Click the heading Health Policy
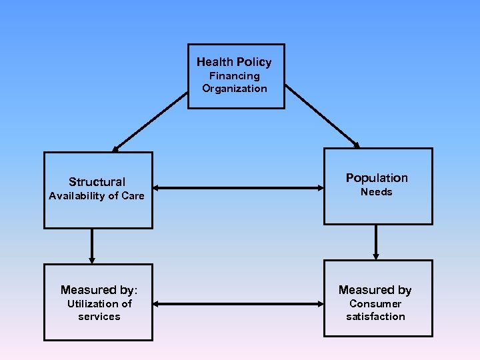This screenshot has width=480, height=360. click(x=234, y=62)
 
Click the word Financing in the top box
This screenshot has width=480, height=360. click(x=235, y=76)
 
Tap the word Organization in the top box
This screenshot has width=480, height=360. click(x=235, y=89)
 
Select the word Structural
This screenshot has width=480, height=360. click(x=97, y=181)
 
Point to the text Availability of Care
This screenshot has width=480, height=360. click(x=97, y=196)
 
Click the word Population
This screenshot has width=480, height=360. click(x=377, y=177)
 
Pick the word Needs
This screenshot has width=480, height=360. click(x=377, y=192)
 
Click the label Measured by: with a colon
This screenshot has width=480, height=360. click(x=99, y=289)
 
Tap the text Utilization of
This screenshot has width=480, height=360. click(x=99, y=304)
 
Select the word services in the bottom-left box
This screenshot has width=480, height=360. click(x=99, y=317)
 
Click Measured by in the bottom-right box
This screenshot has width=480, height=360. click(x=375, y=289)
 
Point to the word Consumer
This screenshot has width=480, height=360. click(x=375, y=304)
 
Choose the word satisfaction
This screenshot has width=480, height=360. click(x=375, y=317)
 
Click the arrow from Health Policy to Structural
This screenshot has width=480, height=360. click(x=150, y=121)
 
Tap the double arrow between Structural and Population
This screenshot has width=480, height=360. click(x=238, y=189)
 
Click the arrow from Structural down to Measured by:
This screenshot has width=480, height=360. click(x=92, y=246)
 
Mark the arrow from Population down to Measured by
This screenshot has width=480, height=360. click(x=376, y=242)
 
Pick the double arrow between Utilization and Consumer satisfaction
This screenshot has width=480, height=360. click(x=238, y=304)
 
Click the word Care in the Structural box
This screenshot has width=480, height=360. click(x=133, y=196)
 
